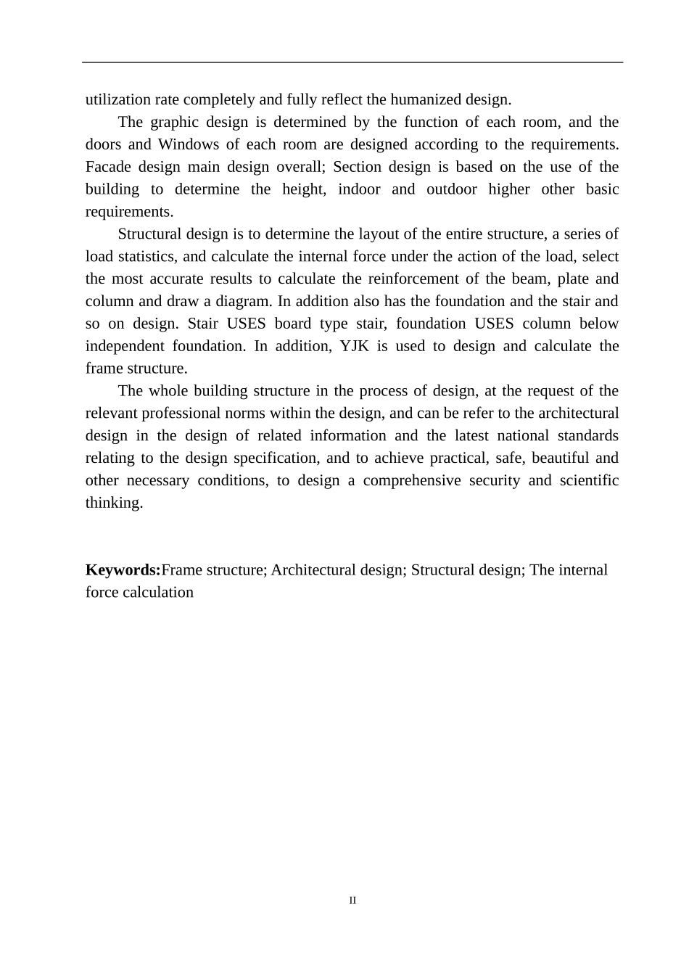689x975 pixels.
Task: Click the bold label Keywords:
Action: [123, 570]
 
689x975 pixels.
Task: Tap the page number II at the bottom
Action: [352, 900]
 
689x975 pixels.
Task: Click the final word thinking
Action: [114, 503]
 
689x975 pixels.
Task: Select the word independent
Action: [125, 346]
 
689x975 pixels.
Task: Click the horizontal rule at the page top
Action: [352, 62]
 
